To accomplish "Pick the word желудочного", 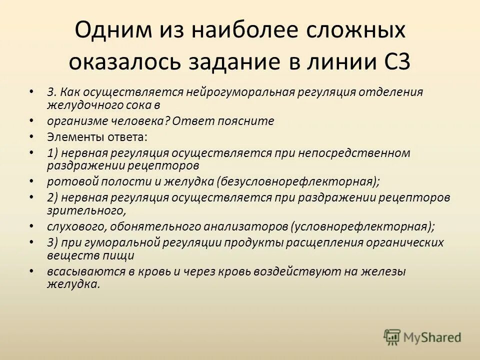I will [x=87, y=104].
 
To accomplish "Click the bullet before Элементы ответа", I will [x=31, y=136].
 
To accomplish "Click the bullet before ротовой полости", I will [x=31, y=180].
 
